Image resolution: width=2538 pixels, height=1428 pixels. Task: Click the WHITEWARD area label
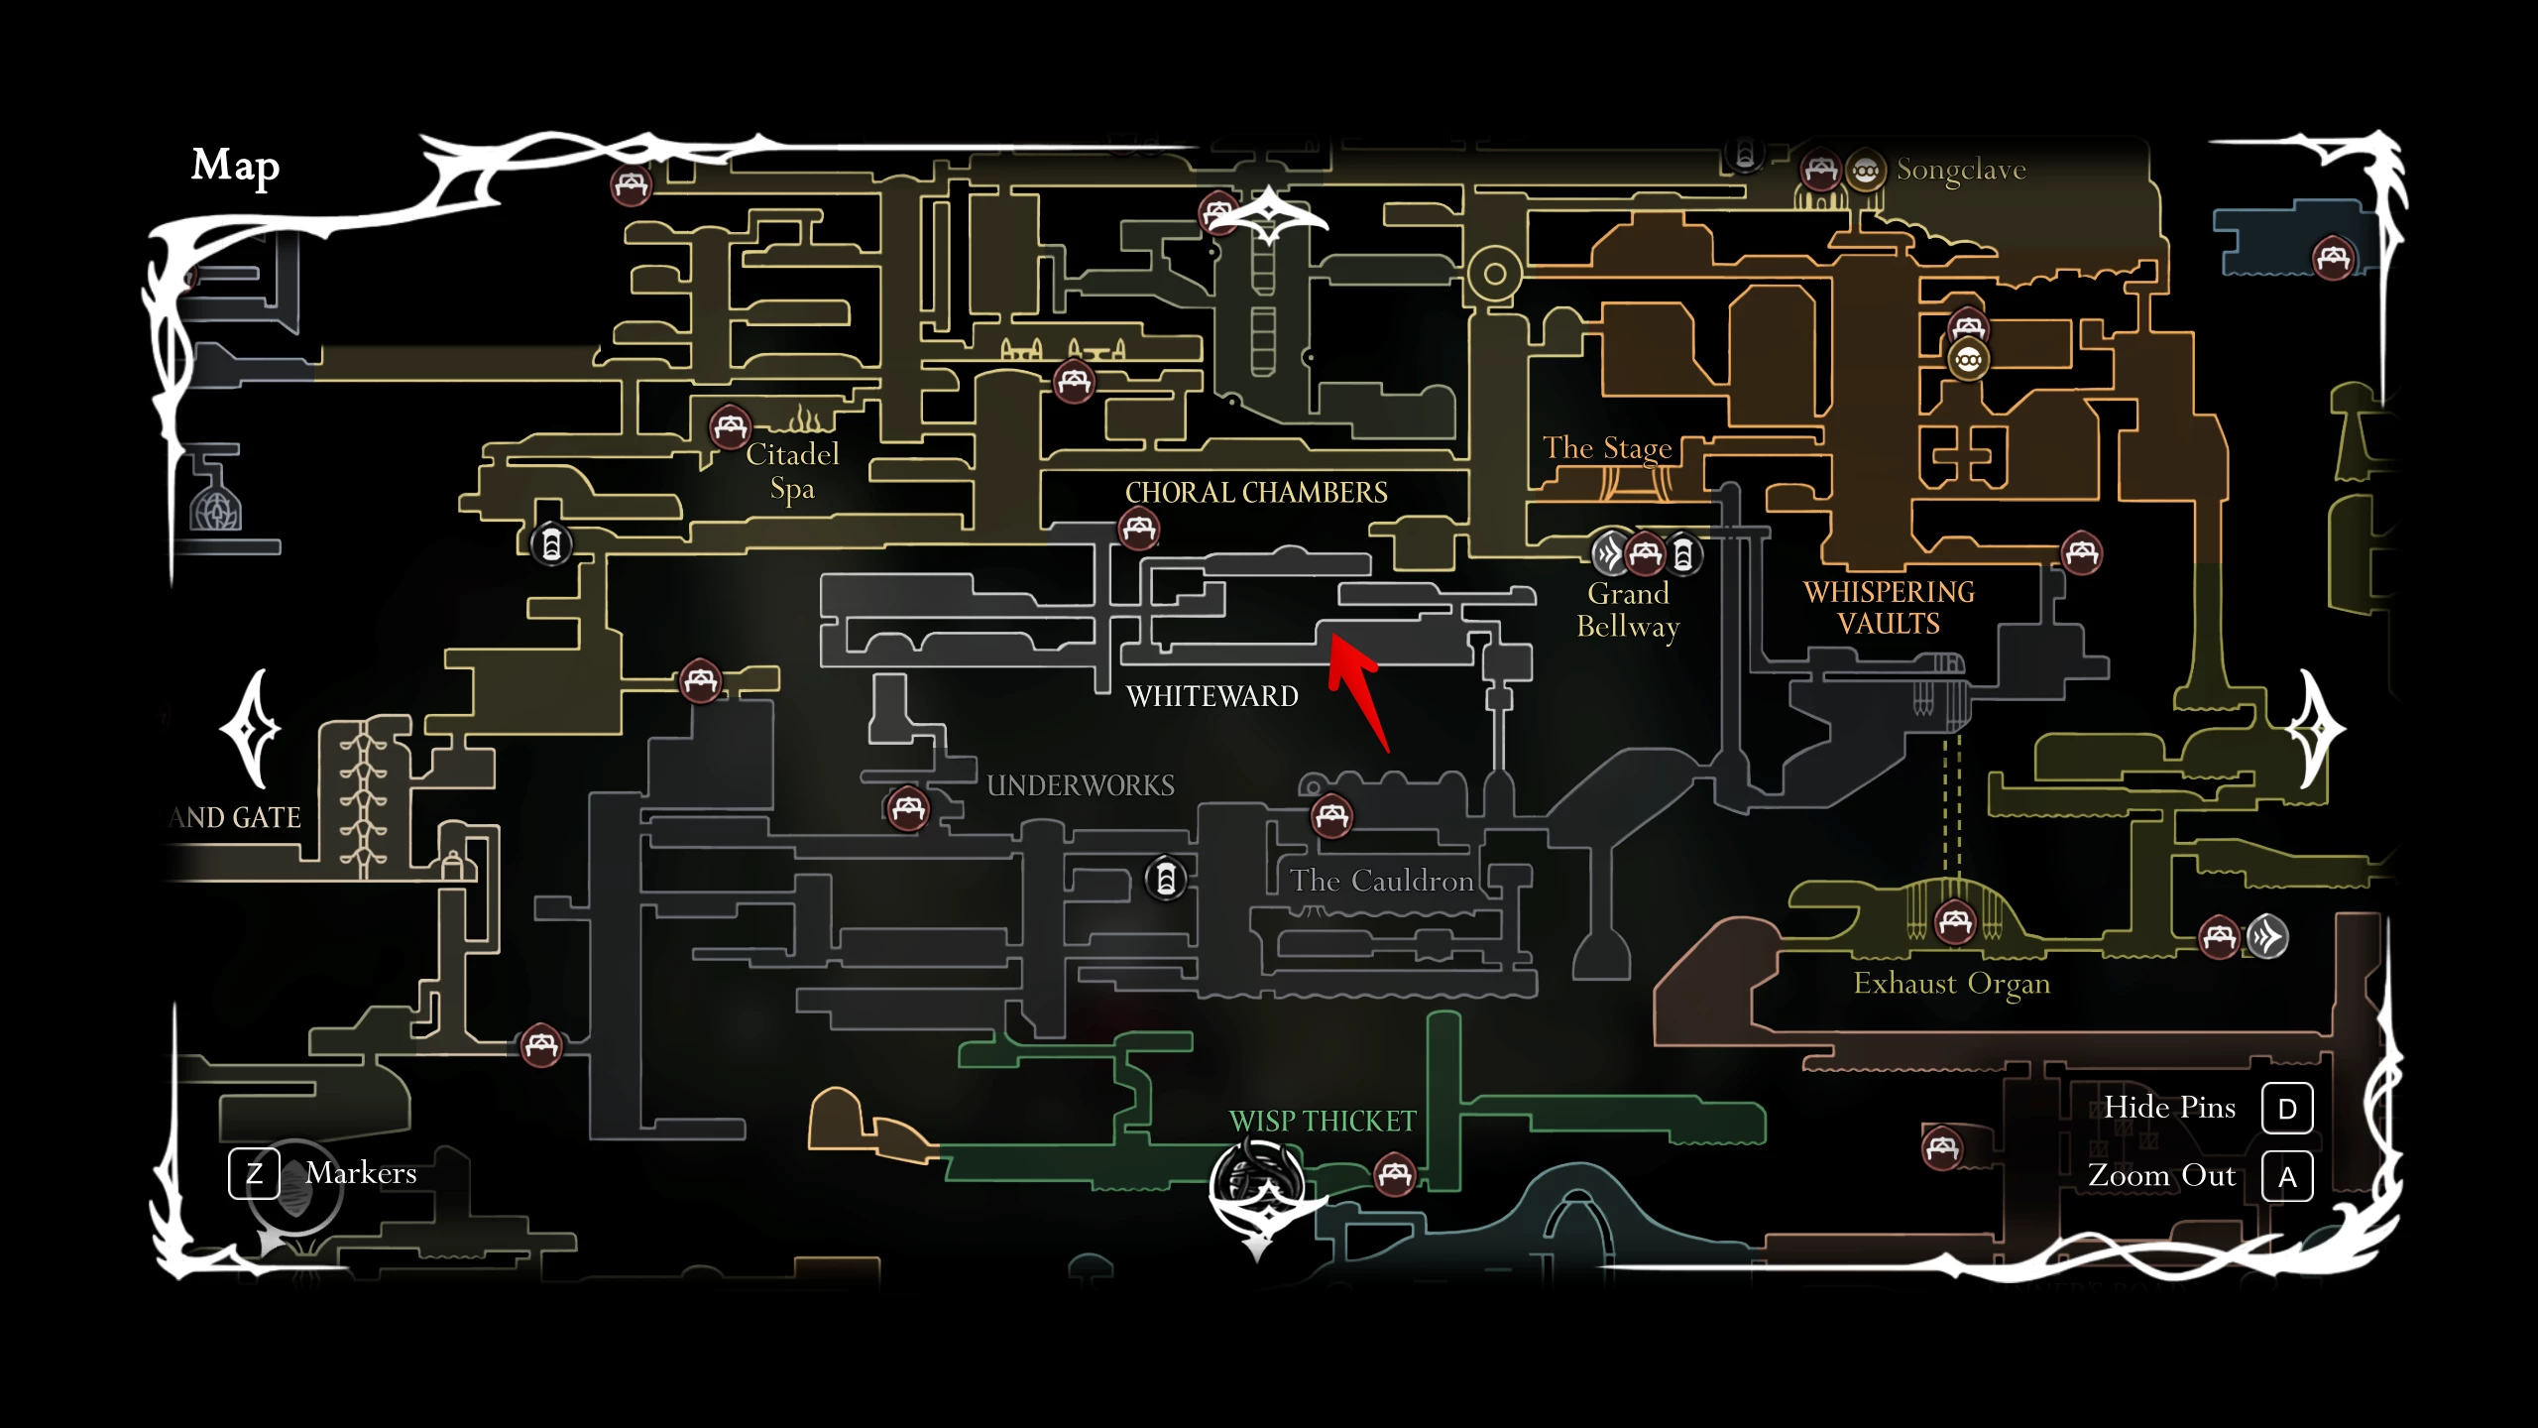coord(1211,696)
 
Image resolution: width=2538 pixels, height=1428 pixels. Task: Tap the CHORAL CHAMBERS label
coord(1256,492)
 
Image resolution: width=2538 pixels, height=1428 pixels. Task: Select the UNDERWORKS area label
coord(1081,785)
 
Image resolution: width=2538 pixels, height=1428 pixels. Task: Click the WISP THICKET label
coord(1323,1121)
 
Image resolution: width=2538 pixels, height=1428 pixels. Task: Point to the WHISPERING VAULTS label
coord(1889,607)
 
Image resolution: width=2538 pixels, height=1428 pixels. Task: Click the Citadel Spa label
coord(792,471)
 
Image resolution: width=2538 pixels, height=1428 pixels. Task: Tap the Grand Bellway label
coord(1628,610)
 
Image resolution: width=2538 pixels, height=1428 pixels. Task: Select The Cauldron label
coord(1381,881)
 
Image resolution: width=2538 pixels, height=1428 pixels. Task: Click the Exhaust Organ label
coord(1951,983)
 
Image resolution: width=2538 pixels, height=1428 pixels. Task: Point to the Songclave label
coord(1960,170)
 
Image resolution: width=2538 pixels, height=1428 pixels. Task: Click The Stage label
coord(1607,448)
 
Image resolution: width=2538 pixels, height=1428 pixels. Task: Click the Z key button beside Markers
coord(254,1173)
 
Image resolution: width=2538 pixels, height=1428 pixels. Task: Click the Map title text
coord(235,166)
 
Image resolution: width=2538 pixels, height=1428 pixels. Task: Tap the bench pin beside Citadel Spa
coord(730,427)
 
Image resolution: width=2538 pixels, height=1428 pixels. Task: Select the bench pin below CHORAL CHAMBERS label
coord(1138,528)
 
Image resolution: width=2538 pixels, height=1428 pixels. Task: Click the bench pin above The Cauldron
coord(1331,816)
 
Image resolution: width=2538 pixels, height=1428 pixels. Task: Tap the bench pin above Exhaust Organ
coord(1955,922)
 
